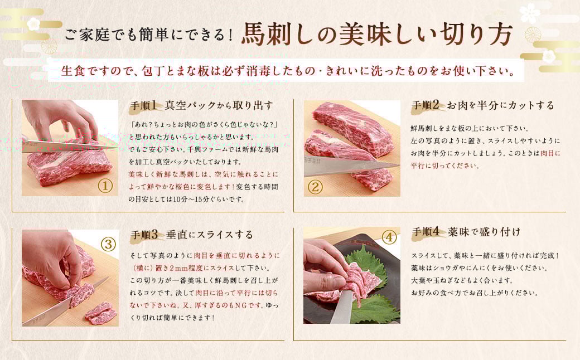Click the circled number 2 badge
pyautogui.click(x=315, y=186)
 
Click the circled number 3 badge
pyautogui.click(x=108, y=244)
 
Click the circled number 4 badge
pyautogui.click(x=389, y=237)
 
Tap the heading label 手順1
pyautogui.click(x=145, y=105)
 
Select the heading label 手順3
pyautogui.click(x=145, y=234)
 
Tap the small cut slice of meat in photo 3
pyautogui.click(x=101, y=313)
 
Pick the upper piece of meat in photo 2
pyautogui.click(x=354, y=129)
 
